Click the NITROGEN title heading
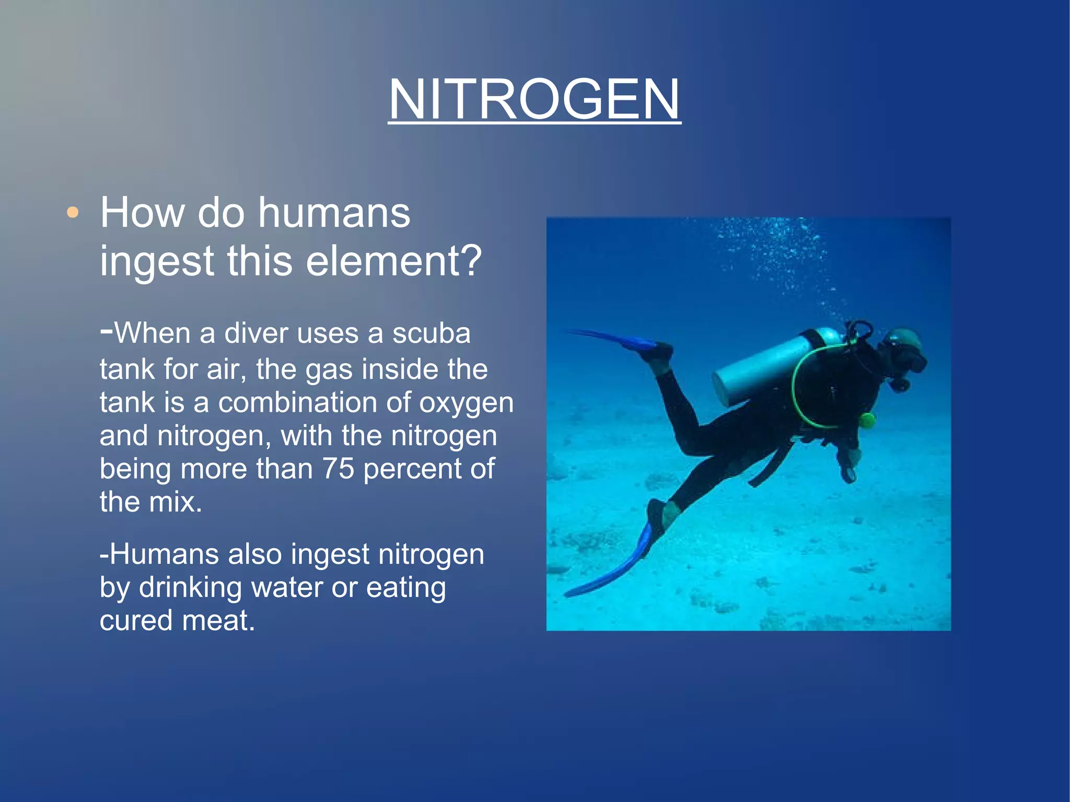point(534,99)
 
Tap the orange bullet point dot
point(73,213)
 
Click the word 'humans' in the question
point(334,213)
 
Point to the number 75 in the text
point(338,469)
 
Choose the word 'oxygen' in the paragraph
point(466,402)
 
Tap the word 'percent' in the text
point(411,469)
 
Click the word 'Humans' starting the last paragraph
point(164,554)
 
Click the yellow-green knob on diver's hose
point(867,420)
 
